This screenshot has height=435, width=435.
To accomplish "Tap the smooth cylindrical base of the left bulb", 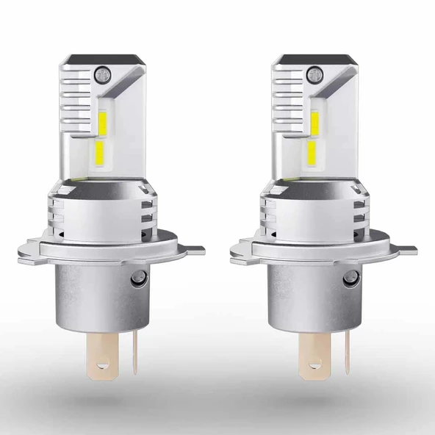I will coord(88,294).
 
